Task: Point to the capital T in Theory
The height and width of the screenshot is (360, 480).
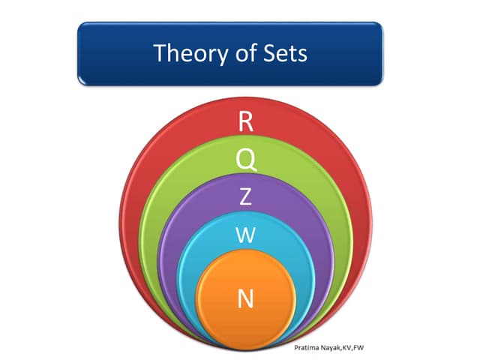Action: click(159, 53)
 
